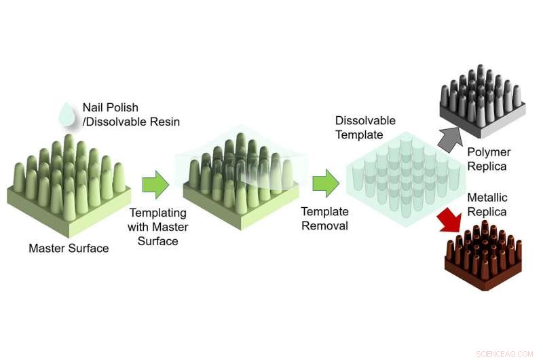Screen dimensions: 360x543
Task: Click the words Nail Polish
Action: [111, 107]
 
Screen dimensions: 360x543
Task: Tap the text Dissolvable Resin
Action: [133, 122]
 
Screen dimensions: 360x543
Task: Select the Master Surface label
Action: [69, 248]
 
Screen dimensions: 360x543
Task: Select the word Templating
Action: [158, 213]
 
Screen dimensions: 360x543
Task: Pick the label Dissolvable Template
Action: [365, 127]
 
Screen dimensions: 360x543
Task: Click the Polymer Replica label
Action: [489, 159]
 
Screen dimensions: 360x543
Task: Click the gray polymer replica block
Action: [481, 102]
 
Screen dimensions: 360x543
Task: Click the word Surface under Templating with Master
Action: [158, 240]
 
